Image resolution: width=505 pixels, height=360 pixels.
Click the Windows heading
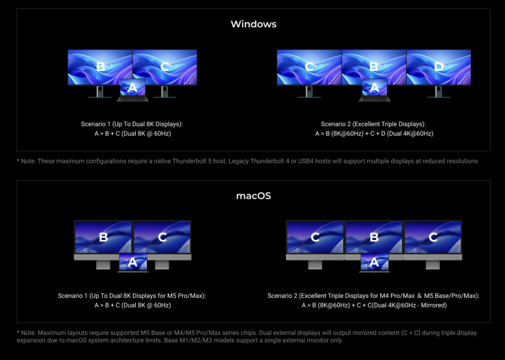point(253,24)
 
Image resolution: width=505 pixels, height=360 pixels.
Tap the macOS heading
point(253,196)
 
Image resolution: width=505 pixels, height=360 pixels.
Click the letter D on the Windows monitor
point(439,67)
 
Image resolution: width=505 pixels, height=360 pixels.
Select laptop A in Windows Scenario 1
point(132,90)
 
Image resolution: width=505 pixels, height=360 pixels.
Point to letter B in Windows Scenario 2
point(374,67)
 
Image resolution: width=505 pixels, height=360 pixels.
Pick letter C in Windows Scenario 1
point(164,67)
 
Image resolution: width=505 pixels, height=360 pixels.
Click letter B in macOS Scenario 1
point(103,237)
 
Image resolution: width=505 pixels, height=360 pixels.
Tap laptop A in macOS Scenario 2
point(374,262)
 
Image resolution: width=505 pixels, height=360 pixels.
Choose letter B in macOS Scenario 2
point(374,237)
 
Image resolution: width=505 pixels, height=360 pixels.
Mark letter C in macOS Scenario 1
point(162,237)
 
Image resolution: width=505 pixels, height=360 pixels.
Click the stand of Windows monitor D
point(438,91)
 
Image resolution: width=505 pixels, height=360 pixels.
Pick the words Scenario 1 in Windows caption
point(96,124)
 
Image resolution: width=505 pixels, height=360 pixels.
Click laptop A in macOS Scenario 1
point(133,262)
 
